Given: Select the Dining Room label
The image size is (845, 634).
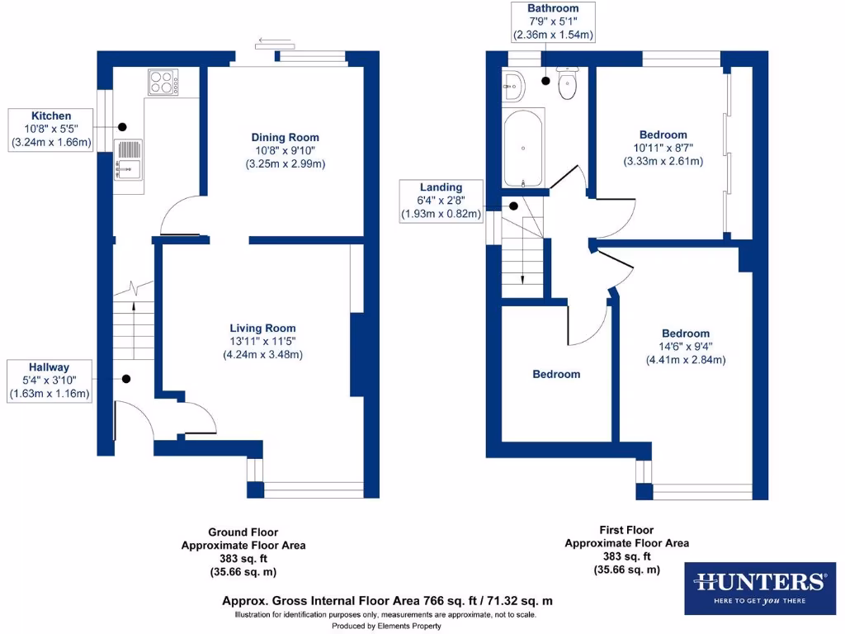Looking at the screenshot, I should [x=286, y=137].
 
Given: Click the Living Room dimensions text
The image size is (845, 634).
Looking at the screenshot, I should [x=262, y=348].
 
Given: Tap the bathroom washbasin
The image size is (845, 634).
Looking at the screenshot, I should [x=513, y=83].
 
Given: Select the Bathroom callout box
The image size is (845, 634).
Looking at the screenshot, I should [x=553, y=22].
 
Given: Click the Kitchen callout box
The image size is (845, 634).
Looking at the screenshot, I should [x=51, y=130].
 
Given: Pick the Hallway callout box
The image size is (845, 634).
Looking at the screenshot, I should [x=50, y=381].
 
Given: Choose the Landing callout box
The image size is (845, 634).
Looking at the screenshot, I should [x=441, y=201].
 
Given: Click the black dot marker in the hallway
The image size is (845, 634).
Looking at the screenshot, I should [x=126, y=380].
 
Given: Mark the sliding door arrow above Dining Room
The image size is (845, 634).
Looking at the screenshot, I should [x=267, y=39].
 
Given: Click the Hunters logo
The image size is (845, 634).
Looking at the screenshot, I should [x=759, y=588].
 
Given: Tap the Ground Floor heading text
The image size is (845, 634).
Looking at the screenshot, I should [x=243, y=532].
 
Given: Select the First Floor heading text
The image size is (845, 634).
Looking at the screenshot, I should [x=626, y=530].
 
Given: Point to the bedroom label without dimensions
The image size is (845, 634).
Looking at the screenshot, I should [x=555, y=374].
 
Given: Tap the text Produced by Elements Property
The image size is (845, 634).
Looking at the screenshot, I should [x=386, y=627].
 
